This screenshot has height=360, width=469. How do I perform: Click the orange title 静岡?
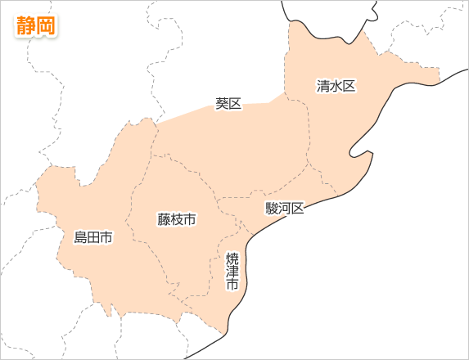pos(36,25)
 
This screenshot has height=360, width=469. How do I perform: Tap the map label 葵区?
pos(229,104)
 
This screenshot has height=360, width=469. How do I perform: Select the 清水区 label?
pos(336,86)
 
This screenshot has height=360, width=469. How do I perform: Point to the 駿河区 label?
pos(285,209)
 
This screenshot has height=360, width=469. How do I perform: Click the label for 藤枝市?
pos(177,219)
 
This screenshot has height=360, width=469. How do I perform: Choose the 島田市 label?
pos(93,238)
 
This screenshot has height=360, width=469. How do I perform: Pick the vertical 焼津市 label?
pos(232,272)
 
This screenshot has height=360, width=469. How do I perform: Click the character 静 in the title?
pos(26,25)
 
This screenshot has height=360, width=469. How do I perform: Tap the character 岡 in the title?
pos(46,25)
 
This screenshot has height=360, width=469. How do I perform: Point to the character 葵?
pos(223,104)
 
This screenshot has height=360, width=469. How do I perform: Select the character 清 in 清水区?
pos(323,86)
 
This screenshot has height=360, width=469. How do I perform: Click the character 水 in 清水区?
pos(336,86)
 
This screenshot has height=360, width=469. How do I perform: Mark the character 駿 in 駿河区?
pos(272,209)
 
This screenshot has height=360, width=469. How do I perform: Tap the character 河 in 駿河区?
pos(285,209)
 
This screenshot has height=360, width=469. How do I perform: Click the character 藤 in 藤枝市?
pos(164,219)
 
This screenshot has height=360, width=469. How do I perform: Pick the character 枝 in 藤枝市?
pos(177,219)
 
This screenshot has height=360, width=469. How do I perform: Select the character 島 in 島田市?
pos(80,238)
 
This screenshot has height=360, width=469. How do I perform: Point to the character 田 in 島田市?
pos(93,238)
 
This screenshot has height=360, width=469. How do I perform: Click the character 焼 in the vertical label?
pos(232,259)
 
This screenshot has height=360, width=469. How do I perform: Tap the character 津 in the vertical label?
pos(232,272)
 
